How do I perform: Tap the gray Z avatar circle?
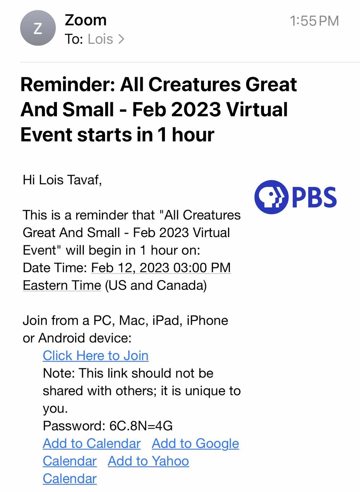(x=38, y=28)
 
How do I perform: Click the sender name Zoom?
(x=86, y=20)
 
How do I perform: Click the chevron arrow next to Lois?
(x=121, y=39)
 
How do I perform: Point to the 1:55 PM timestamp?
(x=314, y=21)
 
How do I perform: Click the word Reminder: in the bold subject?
(x=68, y=85)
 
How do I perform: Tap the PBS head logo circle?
(x=271, y=197)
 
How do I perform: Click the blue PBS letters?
(x=314, y=197)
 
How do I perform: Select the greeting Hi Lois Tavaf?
(x=62, y=180)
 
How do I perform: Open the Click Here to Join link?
(x=96, y=355)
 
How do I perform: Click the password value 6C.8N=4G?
(x=141, y=426)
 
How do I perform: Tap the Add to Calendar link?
(x=92, y=443)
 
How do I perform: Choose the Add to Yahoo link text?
(x=148, y=461)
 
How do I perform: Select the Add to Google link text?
(x=195, y=443)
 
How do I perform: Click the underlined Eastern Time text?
(x=62, y=285)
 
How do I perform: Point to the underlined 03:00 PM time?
(x=202, y=268)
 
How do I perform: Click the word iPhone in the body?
(x=207, y=320)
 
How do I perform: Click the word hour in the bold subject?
(x=193, y=135)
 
